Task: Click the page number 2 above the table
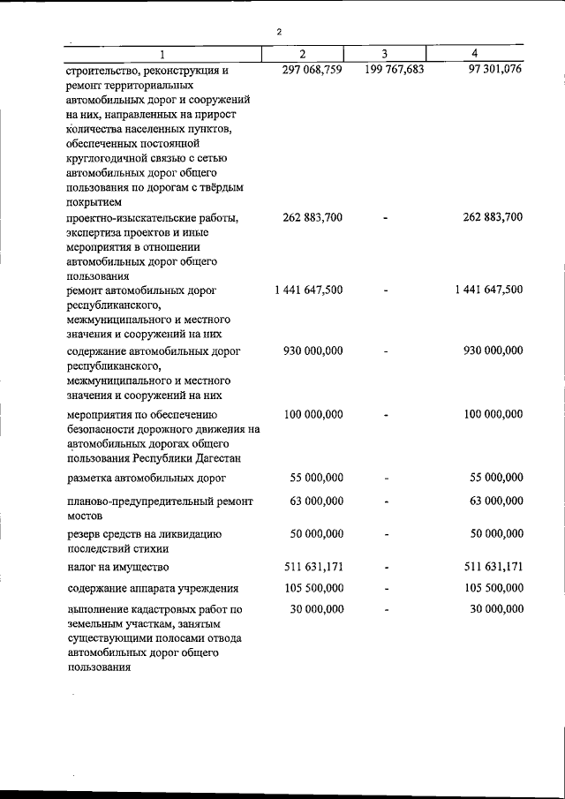tap(279, 32)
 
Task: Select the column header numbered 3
tap(385, 54)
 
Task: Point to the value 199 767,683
tap(394, 70)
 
